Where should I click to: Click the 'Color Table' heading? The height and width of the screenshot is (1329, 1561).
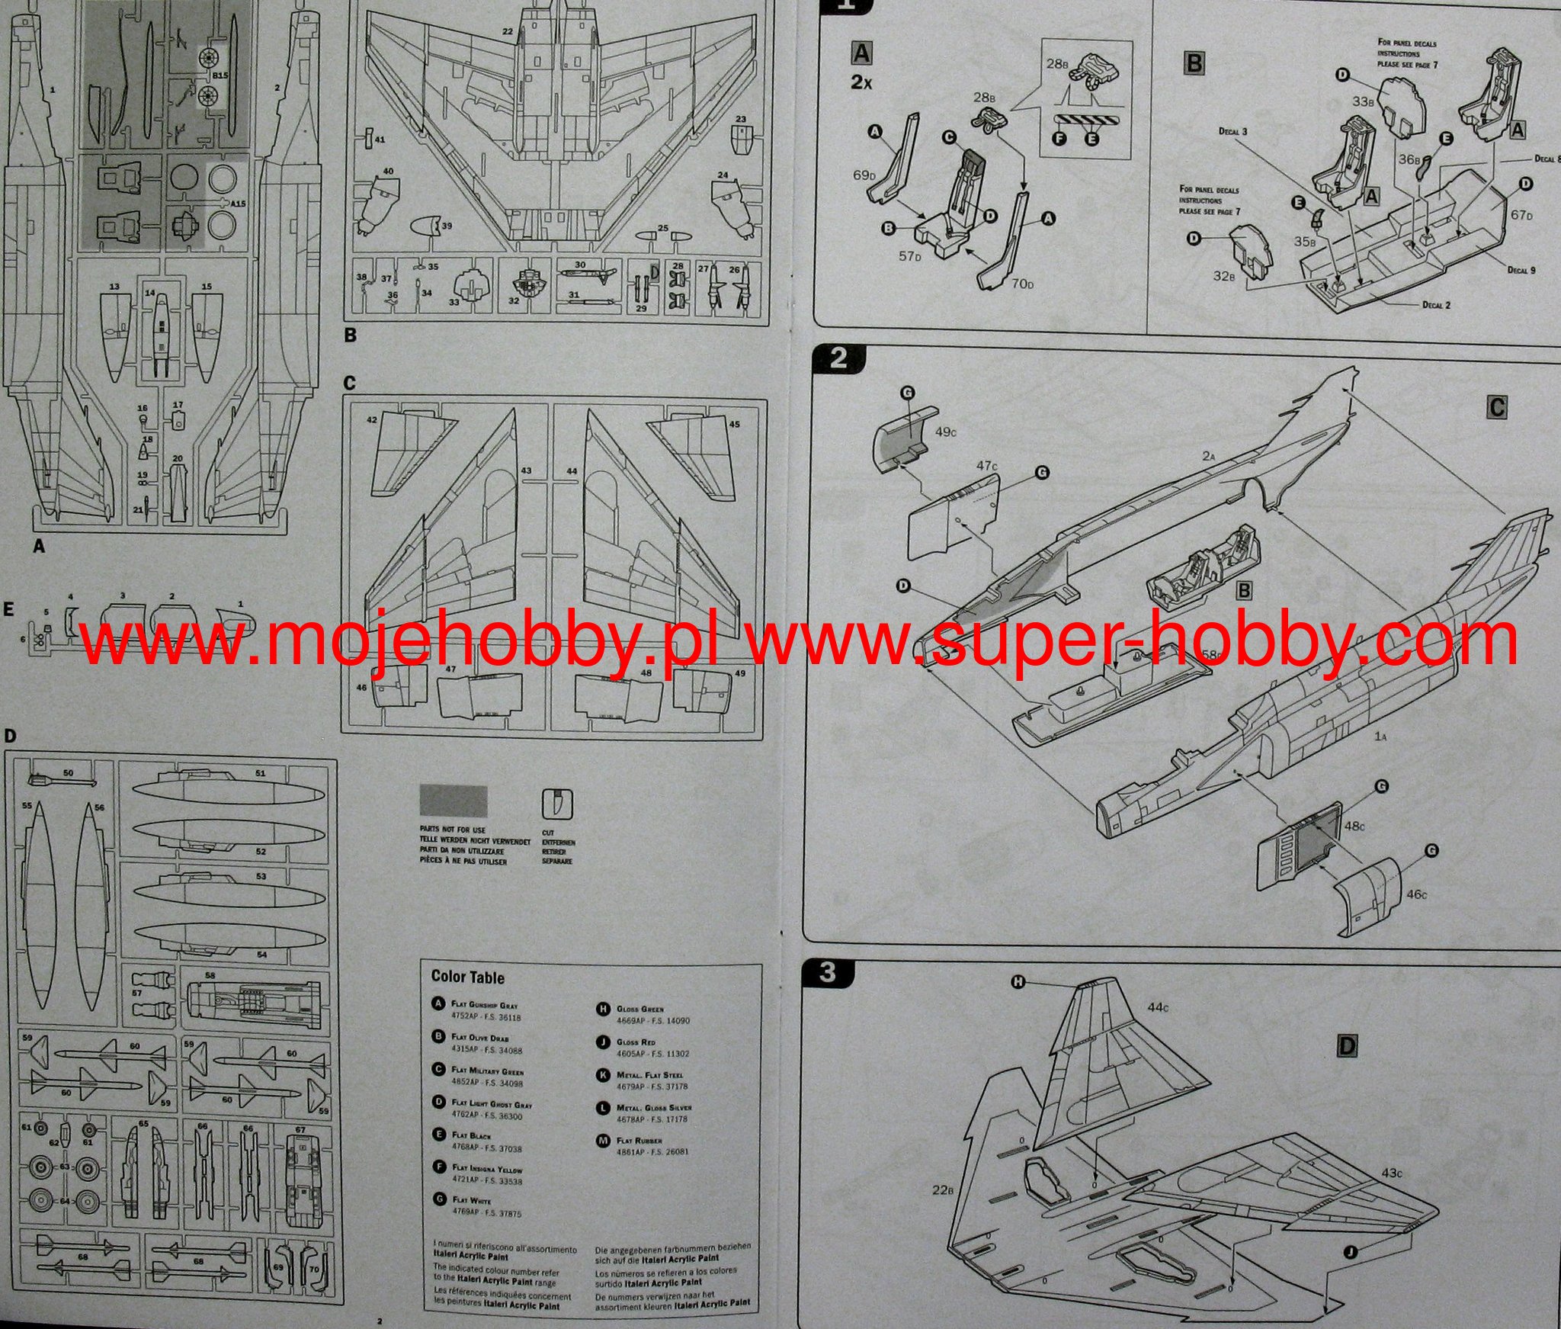coord(467,977)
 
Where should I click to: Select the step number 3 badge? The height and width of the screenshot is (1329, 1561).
coord(829,972)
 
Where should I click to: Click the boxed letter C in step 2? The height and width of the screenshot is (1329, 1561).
coord(1496,408)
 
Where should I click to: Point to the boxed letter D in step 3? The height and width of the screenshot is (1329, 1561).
coord(1347,1046)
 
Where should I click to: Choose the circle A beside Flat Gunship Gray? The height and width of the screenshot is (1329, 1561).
coord(438,1004)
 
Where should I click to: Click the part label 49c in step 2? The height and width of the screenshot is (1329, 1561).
coord(944,432)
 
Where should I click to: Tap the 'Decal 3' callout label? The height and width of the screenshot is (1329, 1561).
coord(1232,132)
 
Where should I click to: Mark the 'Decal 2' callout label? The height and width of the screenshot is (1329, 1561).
coord(1436,305)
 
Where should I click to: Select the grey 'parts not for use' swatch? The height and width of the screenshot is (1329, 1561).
coord(453,802)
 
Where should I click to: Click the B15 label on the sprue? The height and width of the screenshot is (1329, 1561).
coord(220,75)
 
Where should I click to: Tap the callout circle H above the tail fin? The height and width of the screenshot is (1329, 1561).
coord(1018,982)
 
